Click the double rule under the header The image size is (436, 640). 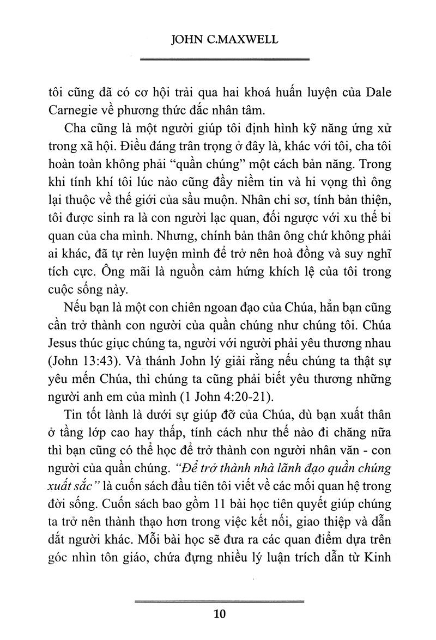click(x=225, y=58)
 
